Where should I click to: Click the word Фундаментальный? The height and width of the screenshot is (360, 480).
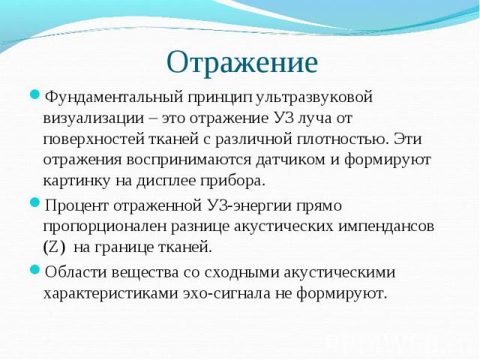[x=113, y=98]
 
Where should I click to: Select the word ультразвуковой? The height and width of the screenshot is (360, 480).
[x=313, y=98]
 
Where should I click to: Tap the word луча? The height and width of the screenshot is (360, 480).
[x=314, y=118]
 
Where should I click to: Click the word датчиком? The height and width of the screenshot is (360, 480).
[x=290, y=160]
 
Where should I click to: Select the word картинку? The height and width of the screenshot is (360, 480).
[x=76, y=181]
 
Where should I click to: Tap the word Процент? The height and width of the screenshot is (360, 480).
[x=76, y=206]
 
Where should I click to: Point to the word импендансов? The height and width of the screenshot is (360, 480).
[x=386, y=227]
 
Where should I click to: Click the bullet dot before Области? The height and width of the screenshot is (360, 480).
[x=35, y=271]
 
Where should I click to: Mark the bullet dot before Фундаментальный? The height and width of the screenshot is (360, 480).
[x=35, y=94]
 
